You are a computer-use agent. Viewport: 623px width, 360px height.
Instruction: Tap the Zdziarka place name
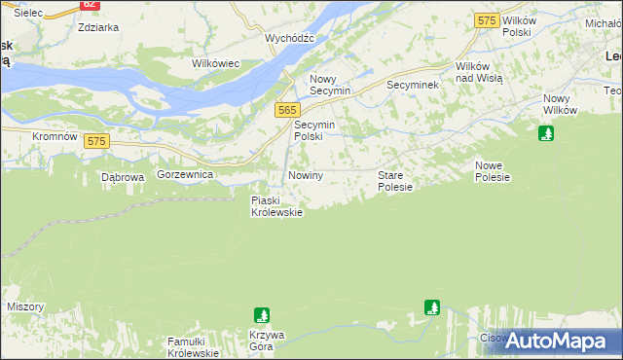click(97, 27)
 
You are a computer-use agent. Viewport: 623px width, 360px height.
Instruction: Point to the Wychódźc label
click(289, 38)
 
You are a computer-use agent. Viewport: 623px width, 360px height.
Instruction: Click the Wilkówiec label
click(216, 63)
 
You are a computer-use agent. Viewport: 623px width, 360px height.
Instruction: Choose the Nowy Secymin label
click(327, 86)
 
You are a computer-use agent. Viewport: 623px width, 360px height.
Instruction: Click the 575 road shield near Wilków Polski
click(487, 19)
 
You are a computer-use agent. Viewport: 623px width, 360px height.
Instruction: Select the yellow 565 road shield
click(286, 111)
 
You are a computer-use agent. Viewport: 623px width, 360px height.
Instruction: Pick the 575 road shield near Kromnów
click(94, 141)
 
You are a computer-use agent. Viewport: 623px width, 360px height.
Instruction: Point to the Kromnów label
click(55, 137)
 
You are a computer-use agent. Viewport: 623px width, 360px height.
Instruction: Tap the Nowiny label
click(305, 175)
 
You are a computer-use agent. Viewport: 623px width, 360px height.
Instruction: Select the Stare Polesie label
click(395, 181)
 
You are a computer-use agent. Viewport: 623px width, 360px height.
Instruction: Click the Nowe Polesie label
click(493, 171)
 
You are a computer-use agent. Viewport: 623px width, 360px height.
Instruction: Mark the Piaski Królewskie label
click(276, 206)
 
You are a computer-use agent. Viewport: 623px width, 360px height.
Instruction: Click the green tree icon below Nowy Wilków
click(547, 133)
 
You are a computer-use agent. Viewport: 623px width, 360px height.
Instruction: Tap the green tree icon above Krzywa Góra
click(261, 315)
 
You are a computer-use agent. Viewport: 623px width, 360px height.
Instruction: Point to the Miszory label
click(25, 306)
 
